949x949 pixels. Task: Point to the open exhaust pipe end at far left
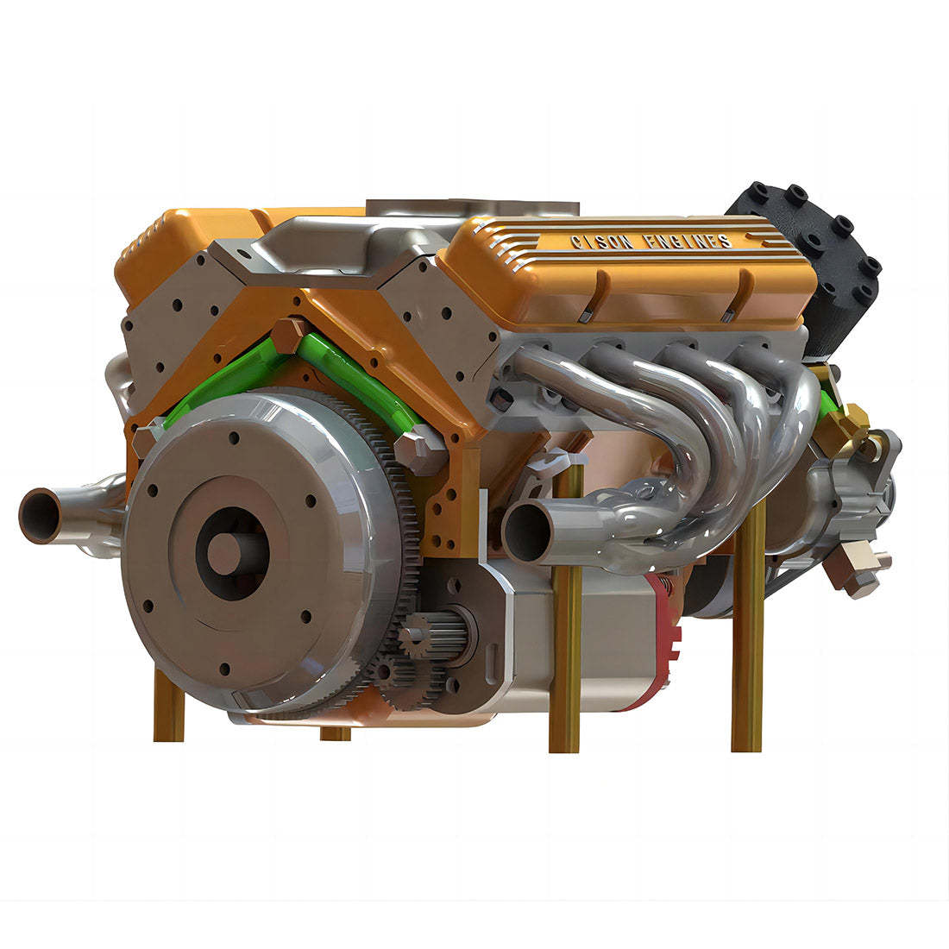pos(40,516)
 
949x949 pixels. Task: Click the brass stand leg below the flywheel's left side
pos(168,707)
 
